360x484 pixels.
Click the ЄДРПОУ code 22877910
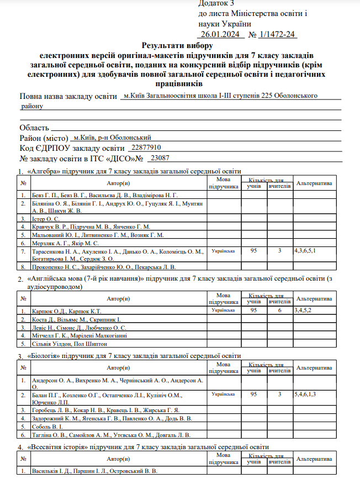pos(144,148)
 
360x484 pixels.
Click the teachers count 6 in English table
pos(280,311)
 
